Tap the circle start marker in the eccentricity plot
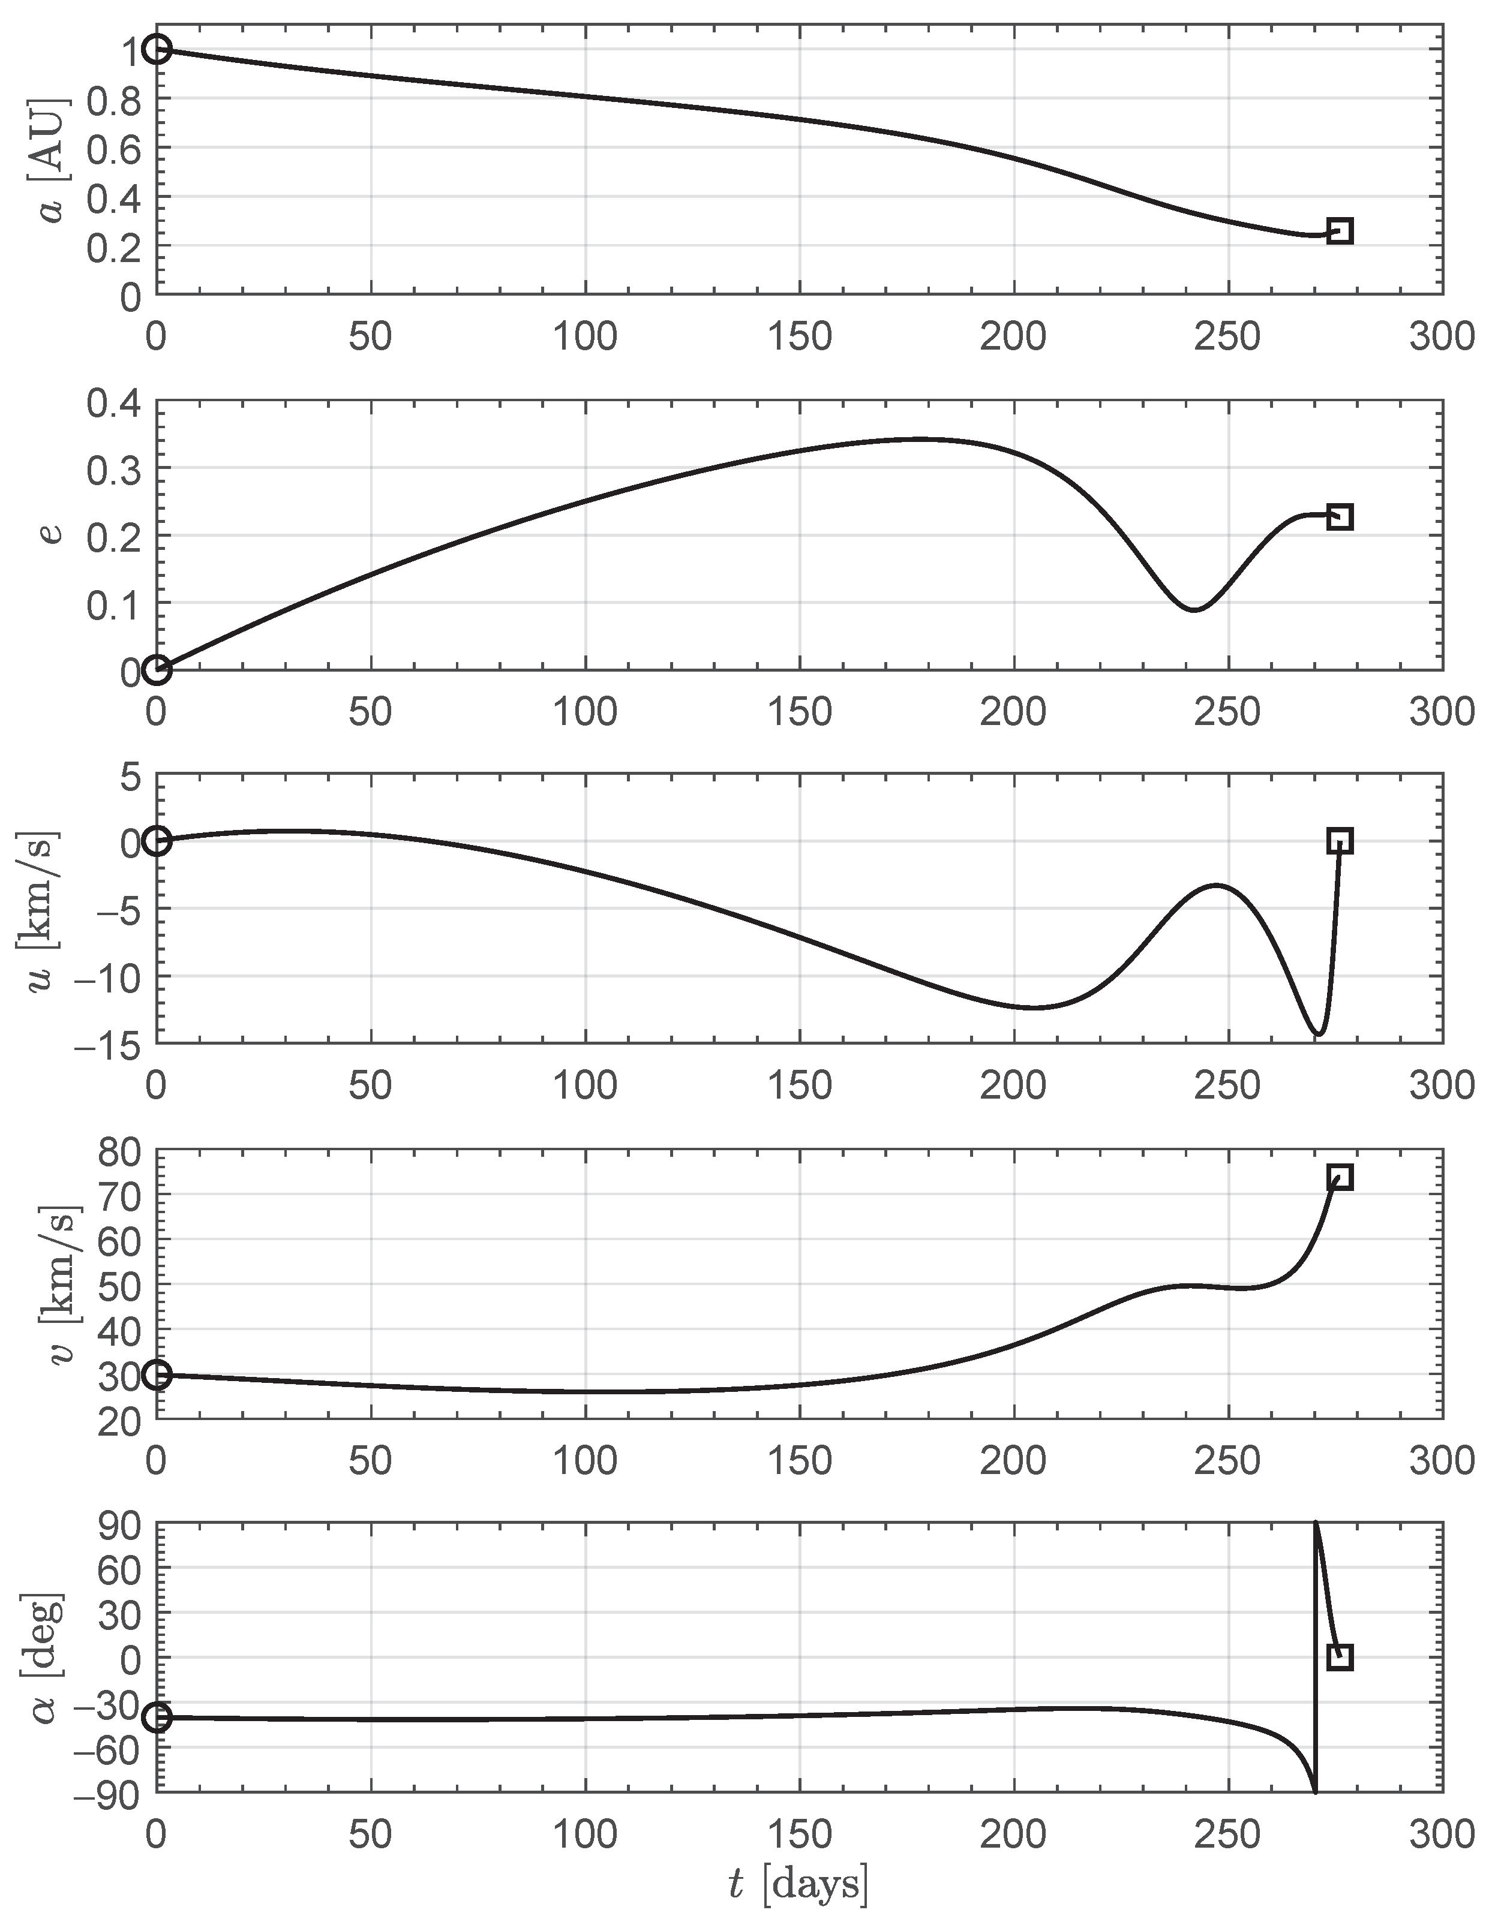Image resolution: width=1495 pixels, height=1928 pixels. point(157,670)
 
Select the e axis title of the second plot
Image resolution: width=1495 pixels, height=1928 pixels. point(53,534)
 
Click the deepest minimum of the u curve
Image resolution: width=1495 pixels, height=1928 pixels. point(1317,1034)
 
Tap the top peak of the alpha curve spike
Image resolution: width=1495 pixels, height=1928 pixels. point(1316,1524)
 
